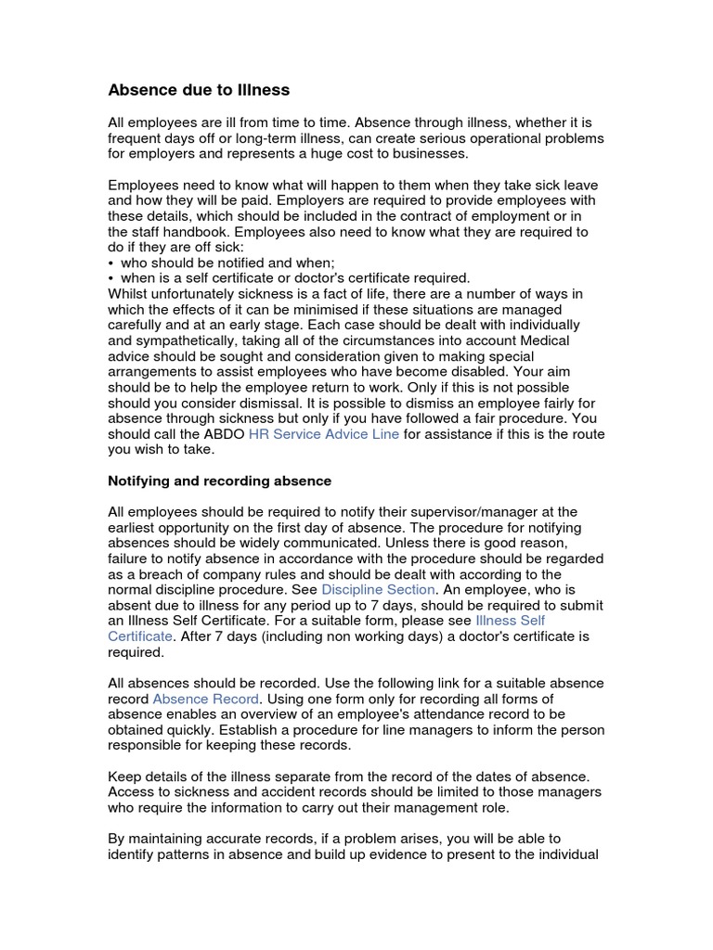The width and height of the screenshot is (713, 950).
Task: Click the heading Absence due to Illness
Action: point(199,90)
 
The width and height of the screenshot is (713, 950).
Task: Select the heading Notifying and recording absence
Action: point(219,481)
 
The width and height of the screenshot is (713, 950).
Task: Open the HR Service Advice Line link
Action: point(324,434)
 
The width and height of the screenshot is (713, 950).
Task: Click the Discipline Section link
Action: point(378,589)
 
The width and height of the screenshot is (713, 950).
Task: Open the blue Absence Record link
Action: point(207,698)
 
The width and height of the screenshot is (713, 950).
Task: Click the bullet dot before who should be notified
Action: point(111,263)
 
